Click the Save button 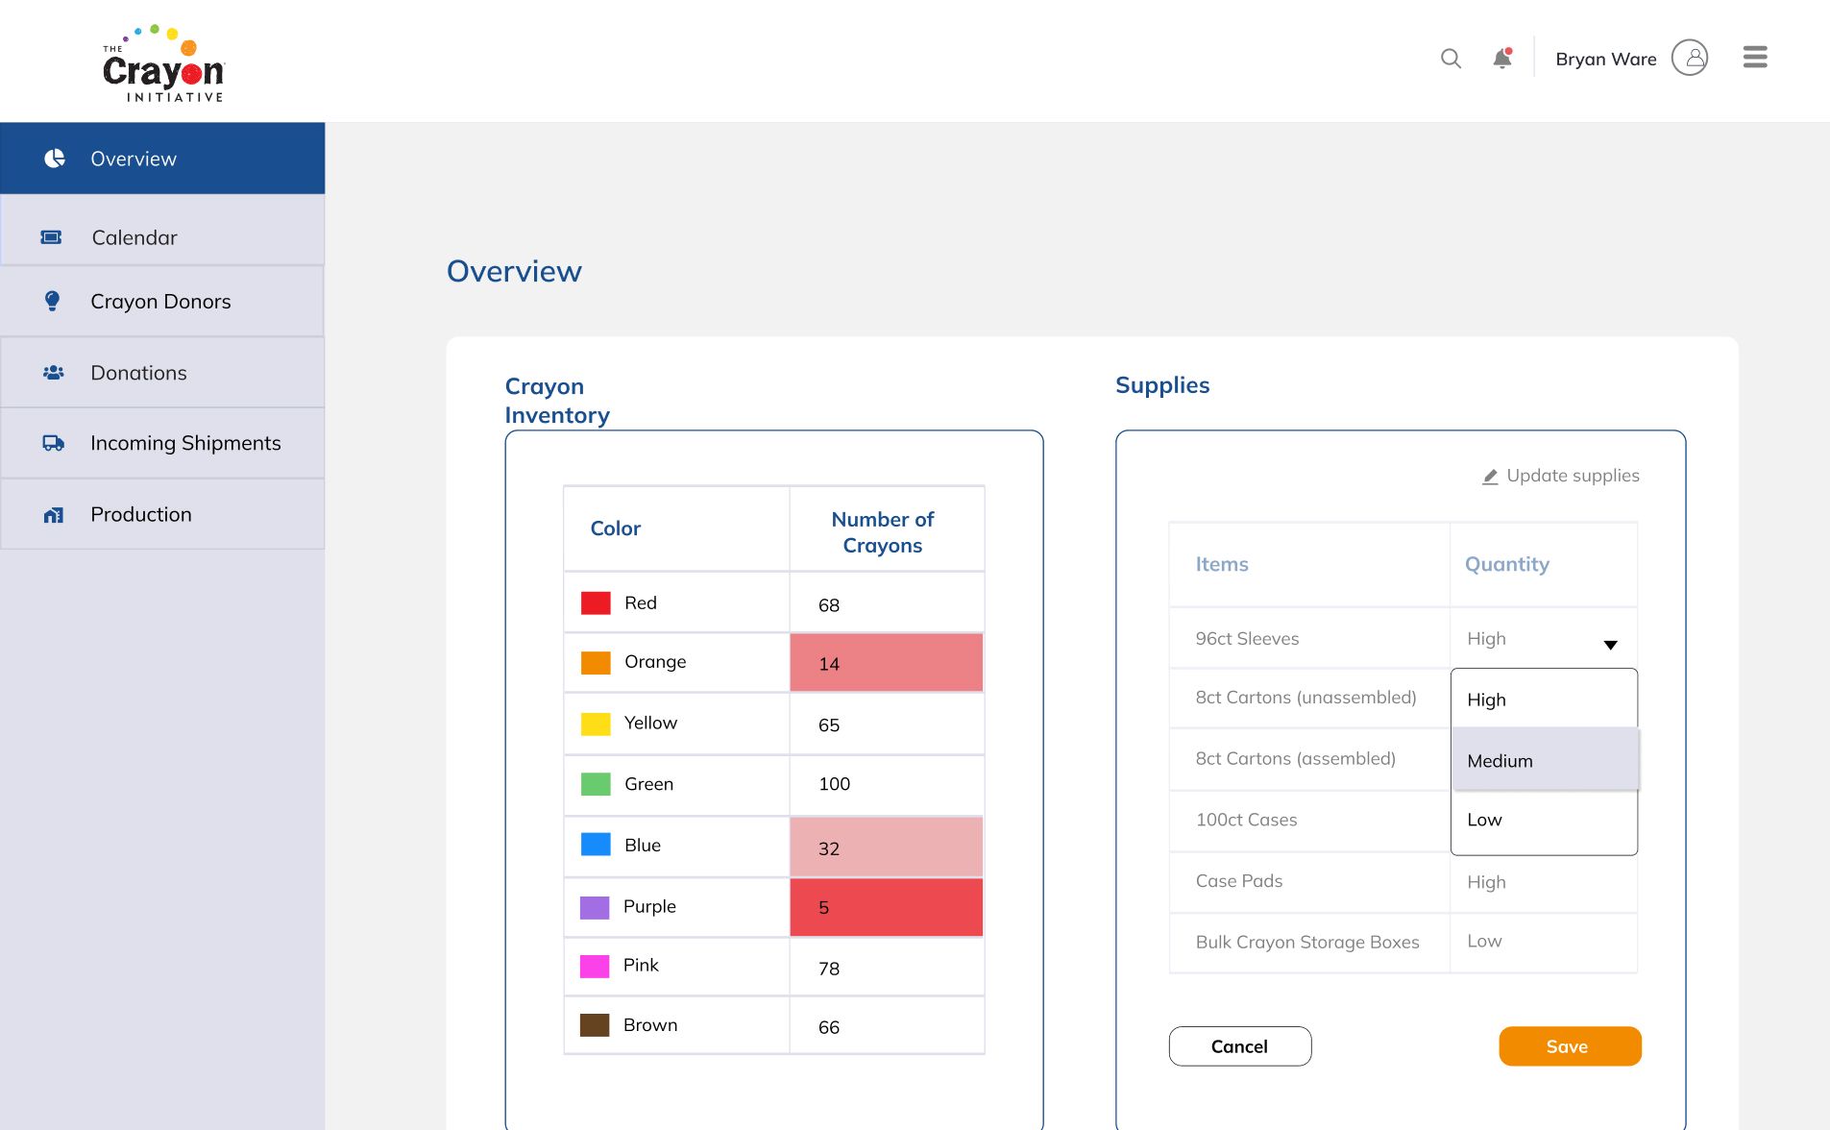point(1570,1046)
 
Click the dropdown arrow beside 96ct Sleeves point(1610,645)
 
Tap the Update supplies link point(1561,476)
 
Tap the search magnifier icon point(1451,59)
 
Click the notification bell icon point(1502,59)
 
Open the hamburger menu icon point(1755,58)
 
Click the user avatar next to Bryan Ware point(1690,58)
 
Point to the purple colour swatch point(595,907)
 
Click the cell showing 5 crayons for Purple point(887,907)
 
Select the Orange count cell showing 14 point(887,662)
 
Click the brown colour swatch point(595,1025)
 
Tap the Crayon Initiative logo point(163,63)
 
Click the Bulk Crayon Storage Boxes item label point(1307,943)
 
